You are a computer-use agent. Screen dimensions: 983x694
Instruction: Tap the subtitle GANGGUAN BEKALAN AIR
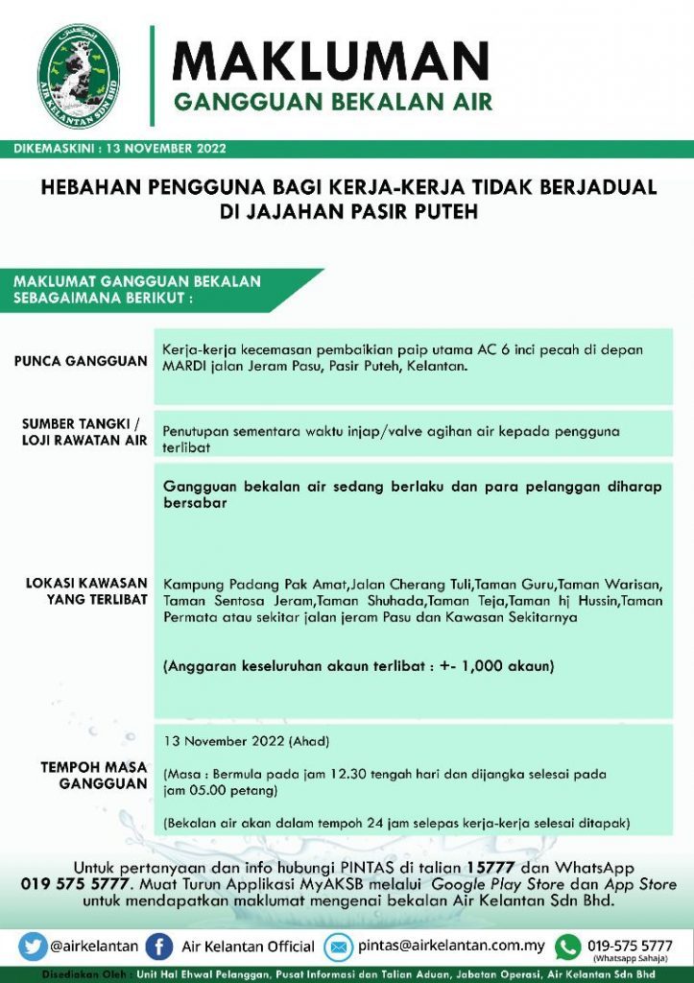(332, 102)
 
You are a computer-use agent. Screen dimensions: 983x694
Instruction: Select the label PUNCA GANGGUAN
(81, 362)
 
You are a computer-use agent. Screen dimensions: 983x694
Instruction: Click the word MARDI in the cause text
(186, 367)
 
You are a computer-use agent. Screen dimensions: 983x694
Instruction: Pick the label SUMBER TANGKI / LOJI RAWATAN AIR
(84, 432)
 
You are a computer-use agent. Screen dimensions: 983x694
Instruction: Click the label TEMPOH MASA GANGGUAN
(93, 776)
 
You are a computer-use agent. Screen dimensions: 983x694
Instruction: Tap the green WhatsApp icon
(568, 947)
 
